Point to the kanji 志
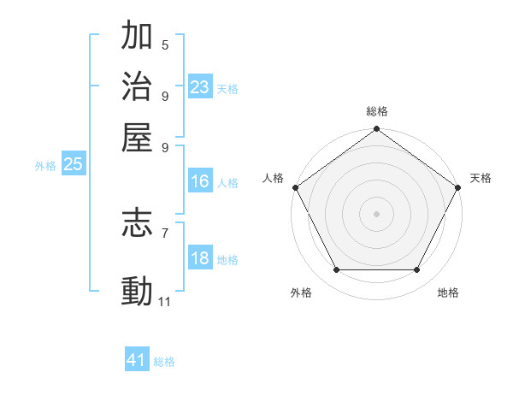coord(138,224)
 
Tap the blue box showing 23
coord(200,87)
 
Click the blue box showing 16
coord(200,181)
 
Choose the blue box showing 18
coord(200,259)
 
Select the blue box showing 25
coord(73,165)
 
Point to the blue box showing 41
coord(137,360)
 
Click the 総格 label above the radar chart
coord(377,111)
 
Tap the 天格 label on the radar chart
coord(481,178)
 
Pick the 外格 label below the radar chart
coord(301,293)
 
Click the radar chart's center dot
coord(376,214)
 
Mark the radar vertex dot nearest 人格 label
coord(295,187)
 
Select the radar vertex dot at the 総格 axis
coord(376,129)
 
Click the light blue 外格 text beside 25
coord(45,166)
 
